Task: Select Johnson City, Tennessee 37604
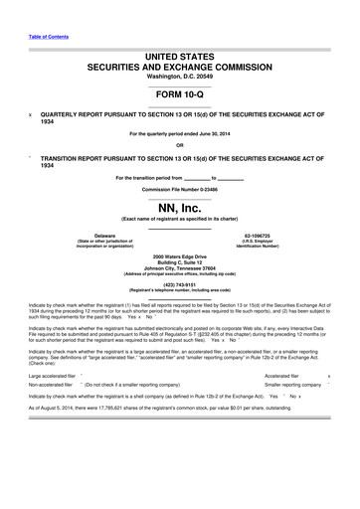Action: (179, 268)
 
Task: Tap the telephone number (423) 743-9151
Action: (179, 284)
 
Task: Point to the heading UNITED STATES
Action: (179, 50)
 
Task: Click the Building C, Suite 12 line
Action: (179, 262)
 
